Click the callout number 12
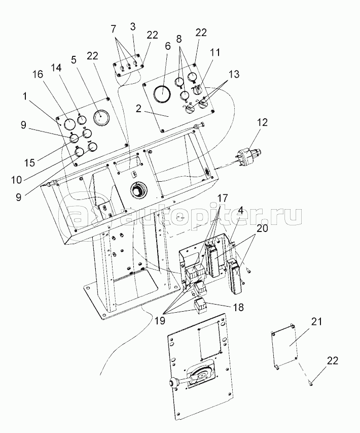(x=262, y=122)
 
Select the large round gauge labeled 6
(x=162, y=93)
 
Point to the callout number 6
(x=168, y=47)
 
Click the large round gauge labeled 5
(x=101, y=118)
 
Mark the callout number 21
(x=317, y=322)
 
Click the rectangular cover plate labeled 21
(x=284, y=347)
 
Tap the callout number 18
(x=239, y=307)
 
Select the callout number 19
(x=159, y=321)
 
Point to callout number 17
(x=223, y=198)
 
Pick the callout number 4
(x=240, y=211)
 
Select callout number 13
(x=234, y=74)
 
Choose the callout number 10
(x=16, y=180)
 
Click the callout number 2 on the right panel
(x=139, y=108)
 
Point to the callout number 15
(x=29, y=162)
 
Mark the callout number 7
(x=114, y=29)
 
